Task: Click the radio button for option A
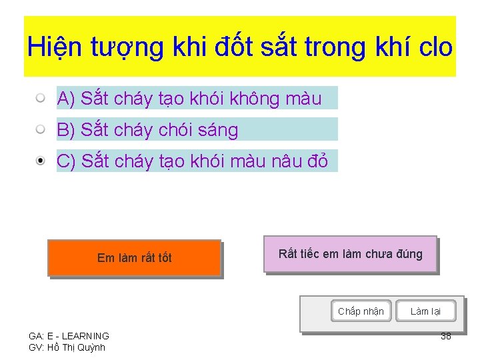coord(41,99)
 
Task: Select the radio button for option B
coord(41,129)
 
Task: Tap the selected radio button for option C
coord(41,161)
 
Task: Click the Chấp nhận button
coord(361,311)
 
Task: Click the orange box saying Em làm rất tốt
coord(134,258)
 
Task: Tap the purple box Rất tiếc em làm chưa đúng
coord(350,254)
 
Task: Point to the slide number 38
coord(446,336)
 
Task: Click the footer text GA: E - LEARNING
coord(69,336)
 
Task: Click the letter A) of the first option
coord(65,99)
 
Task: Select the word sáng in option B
coord(218,130)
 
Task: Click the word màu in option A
coord(303,99)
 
